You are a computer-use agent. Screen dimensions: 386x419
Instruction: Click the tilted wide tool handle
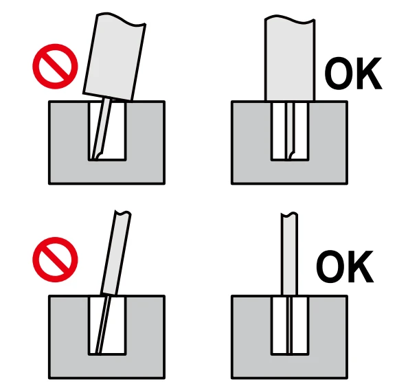tap(113, 58)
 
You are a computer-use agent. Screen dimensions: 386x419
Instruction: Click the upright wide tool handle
tap(290, 58)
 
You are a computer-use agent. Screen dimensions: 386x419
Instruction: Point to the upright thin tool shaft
tap(289, 254)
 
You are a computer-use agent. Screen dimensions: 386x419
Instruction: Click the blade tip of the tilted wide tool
tap(97, 155)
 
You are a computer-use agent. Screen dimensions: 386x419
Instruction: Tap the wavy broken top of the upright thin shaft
tap(290, 214)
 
